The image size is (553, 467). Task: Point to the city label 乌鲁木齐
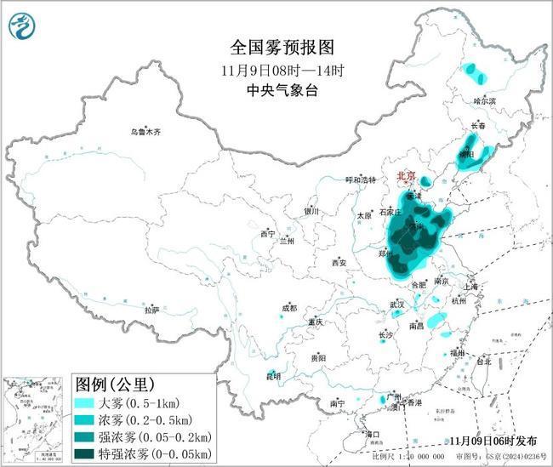click(x=145, y=132)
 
